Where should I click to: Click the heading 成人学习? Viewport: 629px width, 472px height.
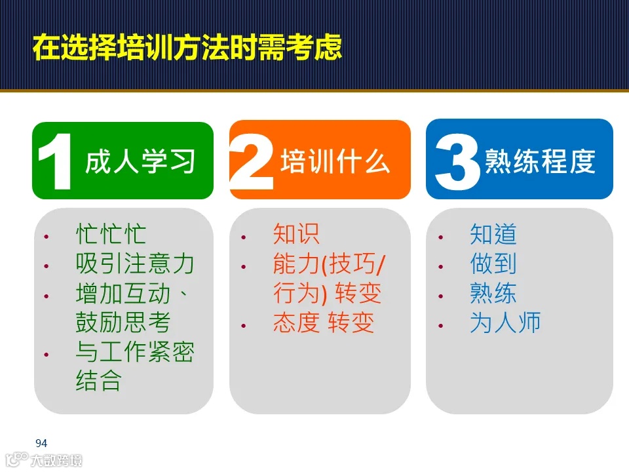140,161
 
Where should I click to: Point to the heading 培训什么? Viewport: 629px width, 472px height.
335,161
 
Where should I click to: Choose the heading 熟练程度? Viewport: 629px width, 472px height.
539,161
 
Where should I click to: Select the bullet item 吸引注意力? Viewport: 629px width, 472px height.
135,264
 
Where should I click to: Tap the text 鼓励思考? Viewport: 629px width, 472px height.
123,322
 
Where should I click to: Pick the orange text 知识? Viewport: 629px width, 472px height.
296,235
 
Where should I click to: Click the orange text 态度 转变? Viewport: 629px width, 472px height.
324,323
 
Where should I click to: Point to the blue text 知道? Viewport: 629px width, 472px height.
493,235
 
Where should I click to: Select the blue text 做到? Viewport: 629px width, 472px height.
493,264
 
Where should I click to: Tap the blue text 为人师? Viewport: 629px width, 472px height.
505,323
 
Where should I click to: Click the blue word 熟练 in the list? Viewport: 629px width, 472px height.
493,293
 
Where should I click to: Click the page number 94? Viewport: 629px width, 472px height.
41,443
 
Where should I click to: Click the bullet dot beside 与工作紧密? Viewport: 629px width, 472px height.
47,355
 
